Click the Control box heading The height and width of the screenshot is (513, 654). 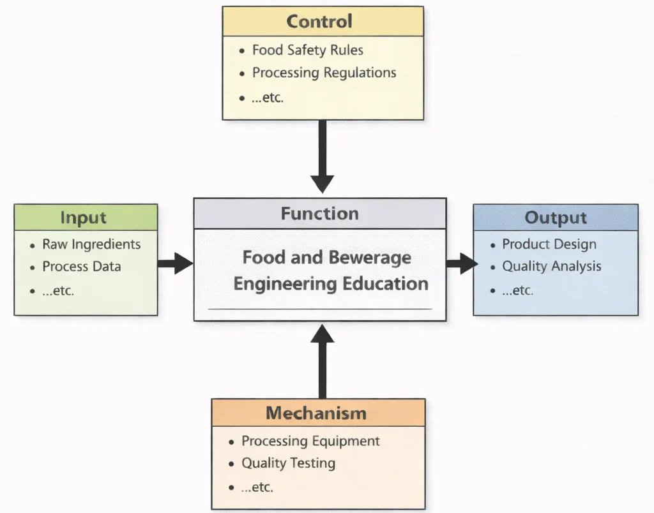319,22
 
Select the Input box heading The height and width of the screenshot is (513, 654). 83,218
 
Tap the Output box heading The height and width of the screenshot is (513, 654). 555,218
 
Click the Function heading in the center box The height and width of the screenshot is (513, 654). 319,213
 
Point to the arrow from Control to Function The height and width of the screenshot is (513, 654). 323,156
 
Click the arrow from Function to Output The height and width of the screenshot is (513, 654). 461,262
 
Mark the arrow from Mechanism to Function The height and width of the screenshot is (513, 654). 323,361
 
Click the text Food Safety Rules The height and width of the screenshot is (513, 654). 308,50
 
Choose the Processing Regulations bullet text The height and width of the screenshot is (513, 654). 324,73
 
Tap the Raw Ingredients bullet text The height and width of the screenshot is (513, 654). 91,244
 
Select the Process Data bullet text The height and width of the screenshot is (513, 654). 81,267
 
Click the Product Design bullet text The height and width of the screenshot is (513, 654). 549,244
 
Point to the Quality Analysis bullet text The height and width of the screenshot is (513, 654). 552,267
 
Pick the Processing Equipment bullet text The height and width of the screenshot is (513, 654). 310,441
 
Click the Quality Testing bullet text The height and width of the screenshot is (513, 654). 288,463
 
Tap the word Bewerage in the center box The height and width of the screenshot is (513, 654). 370,258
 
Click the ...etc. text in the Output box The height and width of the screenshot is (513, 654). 517,290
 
